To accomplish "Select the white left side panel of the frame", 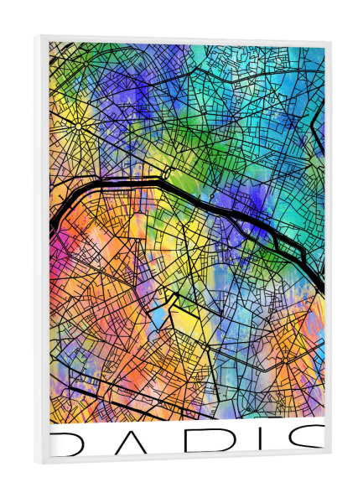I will (x=41, y=251).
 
